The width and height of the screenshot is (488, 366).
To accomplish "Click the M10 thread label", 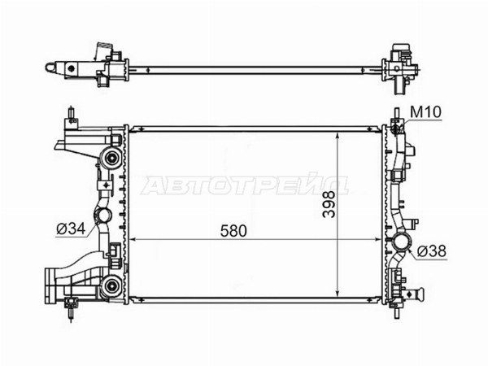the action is [425, 112].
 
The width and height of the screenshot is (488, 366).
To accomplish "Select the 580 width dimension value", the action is [233, 231].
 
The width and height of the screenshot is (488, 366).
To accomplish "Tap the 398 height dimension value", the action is [329, 204].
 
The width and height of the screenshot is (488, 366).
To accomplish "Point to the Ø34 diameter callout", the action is [71, 229].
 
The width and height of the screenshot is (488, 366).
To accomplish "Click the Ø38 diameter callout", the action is [432, 251].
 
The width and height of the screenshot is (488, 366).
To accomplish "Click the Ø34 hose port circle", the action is [102, 216].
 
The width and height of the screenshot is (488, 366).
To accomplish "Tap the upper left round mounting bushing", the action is [111, 158].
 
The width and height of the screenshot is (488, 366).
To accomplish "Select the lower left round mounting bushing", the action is [111, 285].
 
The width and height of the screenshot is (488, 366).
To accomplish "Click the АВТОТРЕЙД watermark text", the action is [244, 185].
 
